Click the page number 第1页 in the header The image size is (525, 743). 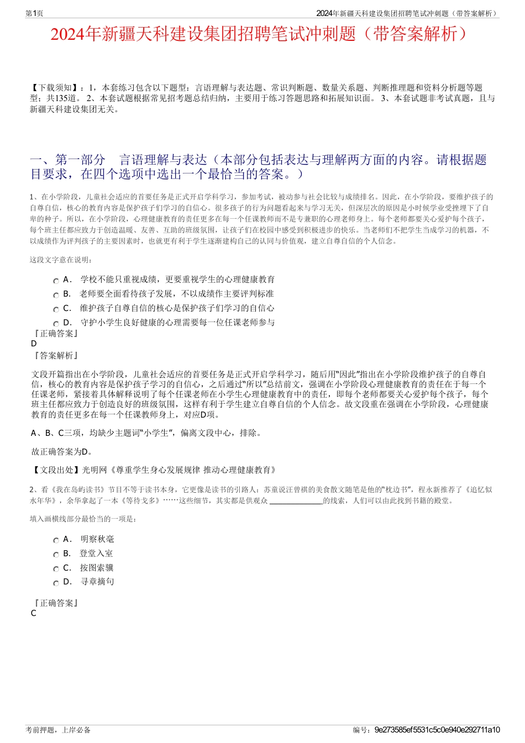click(34, 13)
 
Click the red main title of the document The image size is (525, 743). click(262, 34)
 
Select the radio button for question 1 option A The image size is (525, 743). click(56, 281)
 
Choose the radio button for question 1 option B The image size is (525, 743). click(56, 295)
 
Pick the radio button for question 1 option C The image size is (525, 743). click(56, 309)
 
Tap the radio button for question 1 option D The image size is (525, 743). click(56, 324)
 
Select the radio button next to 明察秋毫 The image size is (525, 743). click(56, 540)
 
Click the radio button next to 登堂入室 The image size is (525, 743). click(56, 555)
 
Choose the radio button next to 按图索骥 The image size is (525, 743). click(56, 569)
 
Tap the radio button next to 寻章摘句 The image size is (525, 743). click(56, 583)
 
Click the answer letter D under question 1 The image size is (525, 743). click(34, 344)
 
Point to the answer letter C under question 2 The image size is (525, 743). click(34, 613)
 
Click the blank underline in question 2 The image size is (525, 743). click(296, 501)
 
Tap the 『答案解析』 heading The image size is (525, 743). click(56, 356)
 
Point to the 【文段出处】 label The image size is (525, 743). click(56, 470)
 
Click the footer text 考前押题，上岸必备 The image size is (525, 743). click(58, 730)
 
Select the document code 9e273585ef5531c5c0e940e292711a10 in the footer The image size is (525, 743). click(437, 730)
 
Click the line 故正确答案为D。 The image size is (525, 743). click(62, 452)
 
